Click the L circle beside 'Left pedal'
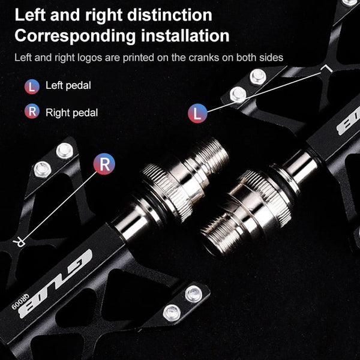[x=32, y=86]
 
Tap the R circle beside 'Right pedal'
[x=32, y=111]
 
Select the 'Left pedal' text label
[x=68, y=86]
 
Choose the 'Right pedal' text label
[x=71, y=112]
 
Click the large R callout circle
[x=104, y=164]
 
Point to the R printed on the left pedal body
[x=20, y=242]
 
